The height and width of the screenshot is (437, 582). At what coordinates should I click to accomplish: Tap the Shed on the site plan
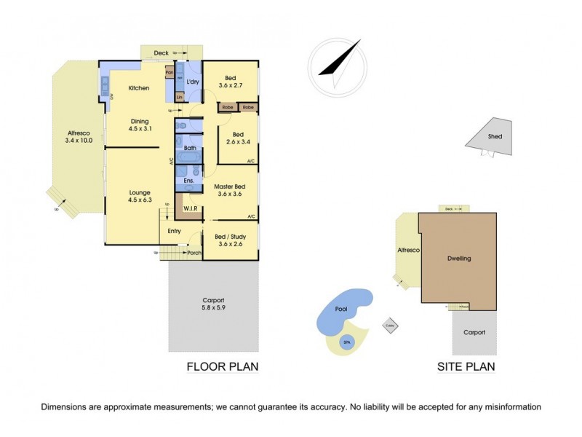pyautogui.click(x=495, y=136)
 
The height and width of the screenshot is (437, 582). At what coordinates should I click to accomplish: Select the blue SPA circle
pyautogui.click(x=347, y=343)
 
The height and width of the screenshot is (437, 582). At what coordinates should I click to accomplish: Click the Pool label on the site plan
pyautogui.click(x=341, y=310)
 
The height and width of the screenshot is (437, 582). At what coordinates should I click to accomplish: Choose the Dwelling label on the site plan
pyautogui.click(x=459, y=259)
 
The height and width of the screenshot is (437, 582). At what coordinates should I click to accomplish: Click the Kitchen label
pyautogui.click(x=139, y=88)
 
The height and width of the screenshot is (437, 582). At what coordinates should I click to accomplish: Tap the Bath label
pyautogui.click(x=189, y=148)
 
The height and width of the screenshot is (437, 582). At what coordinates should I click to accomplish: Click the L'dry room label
pyautogui.click(x=193, y=82)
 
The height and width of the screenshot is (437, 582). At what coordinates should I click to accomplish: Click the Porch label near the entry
pyautogui.click(x=194, y=253)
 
